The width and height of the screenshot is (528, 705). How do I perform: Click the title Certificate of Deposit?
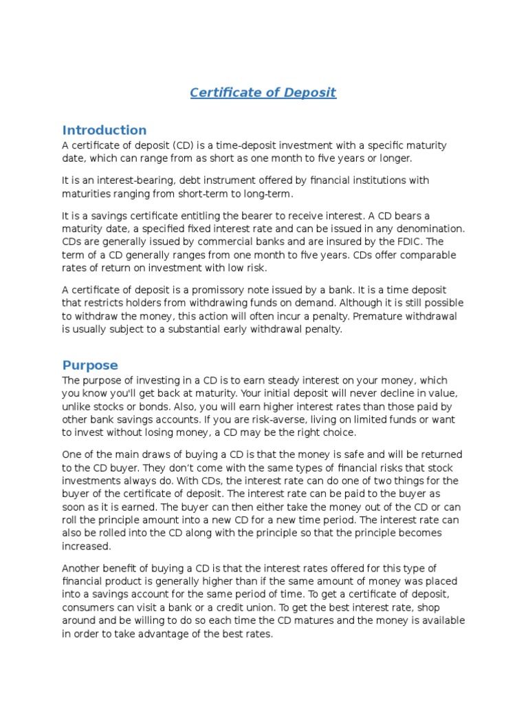coord(263,92)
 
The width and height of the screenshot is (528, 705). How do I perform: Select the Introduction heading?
coord(104,130)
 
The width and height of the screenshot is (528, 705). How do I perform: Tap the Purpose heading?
coord(90,365)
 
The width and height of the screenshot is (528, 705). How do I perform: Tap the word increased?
coord(86,546)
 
